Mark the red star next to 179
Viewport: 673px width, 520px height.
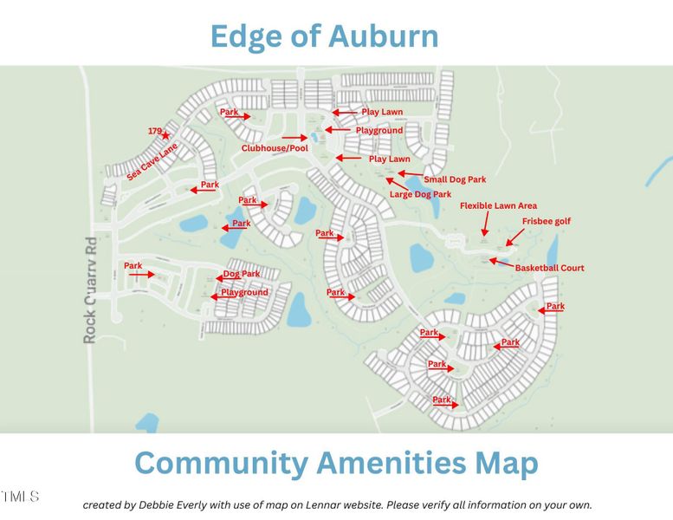[165, 135]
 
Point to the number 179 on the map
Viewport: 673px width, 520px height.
[154, 131]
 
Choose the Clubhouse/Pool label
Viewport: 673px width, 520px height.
[274, 148]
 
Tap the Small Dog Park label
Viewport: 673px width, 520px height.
[455, 179]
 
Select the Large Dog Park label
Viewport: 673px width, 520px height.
[420, 195]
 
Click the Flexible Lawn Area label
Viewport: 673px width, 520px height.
[498, 205]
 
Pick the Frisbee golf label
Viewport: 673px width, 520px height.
[546, 221]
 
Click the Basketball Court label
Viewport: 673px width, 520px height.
[549, 268]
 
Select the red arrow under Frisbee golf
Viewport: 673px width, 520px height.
[514, 236]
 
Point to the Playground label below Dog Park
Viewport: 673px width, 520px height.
[243, 293]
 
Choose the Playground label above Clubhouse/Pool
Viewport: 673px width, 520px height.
[379, 130]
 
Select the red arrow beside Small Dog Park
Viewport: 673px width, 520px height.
[411, 174]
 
